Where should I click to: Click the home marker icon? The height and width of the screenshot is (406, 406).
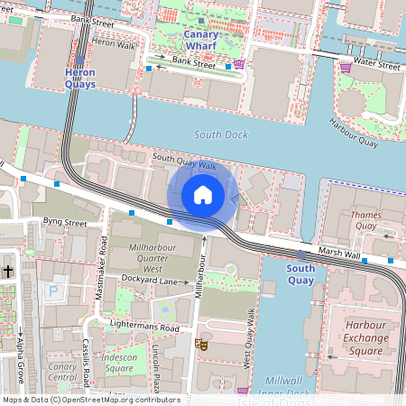point(203,195)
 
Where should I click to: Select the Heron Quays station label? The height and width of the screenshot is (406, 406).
point(80,78)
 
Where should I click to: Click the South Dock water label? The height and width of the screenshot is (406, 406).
point(221,134)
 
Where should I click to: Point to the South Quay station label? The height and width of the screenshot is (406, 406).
point(300,273)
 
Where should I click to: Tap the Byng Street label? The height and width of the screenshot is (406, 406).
point(63,221)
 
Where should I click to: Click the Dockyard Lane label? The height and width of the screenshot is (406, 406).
point(150,281)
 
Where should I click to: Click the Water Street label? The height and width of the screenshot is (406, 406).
point(376,65)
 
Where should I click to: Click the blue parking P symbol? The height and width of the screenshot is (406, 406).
point(54,292)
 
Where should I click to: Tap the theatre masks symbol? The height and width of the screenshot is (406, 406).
point(202,344)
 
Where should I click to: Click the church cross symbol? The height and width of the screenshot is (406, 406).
point(8,271)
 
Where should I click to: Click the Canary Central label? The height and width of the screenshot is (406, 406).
point(63,372)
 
